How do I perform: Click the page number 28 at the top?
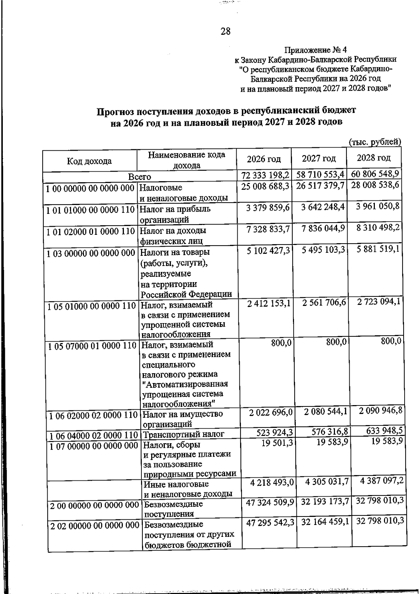coord(225,32)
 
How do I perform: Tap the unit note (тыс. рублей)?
coord(375,142)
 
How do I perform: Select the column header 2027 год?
coord(319,159)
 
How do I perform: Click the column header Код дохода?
coord(89,161)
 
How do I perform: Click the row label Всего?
coord(139,177)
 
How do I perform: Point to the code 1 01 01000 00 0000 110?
coord(91,210)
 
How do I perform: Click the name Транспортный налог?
coord(183,435)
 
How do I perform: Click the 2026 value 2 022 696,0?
coord(271,412)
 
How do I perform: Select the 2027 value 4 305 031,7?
coord(327,482)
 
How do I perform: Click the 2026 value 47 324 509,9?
coord(270,503)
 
